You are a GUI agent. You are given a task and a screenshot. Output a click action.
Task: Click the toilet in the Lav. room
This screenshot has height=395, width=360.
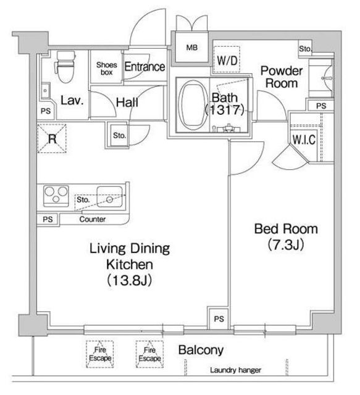point(65,67)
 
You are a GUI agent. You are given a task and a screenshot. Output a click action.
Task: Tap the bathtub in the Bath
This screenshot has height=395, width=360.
point(193,105)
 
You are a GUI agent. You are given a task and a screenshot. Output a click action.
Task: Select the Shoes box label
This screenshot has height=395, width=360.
point(107,69)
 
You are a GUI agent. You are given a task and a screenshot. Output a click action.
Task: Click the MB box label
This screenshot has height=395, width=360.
point(192,48)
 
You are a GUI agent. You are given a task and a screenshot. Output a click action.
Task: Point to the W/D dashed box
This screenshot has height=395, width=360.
point(227,60)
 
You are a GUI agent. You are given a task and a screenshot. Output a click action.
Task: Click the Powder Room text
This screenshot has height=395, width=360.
point(282,77)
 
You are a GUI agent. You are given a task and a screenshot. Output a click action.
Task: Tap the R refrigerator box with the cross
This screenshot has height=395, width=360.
point(52,138)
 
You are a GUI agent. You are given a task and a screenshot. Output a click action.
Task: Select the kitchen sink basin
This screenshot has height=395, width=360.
point(110,197)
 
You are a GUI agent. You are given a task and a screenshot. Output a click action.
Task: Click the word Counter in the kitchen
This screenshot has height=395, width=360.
point(92,219)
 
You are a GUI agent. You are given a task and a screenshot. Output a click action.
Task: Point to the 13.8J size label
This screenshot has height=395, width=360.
point(129,280)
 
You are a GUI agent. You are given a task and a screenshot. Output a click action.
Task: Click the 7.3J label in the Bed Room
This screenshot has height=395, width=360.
point(286,244)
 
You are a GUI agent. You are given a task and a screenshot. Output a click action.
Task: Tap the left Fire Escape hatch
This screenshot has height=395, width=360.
point(100,354)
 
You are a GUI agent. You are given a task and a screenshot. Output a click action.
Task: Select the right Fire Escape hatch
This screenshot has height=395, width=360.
point(149,354)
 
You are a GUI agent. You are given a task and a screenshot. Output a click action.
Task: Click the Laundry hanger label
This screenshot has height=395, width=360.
point(235,370)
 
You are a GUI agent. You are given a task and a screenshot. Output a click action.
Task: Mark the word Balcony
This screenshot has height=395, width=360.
point(201,350)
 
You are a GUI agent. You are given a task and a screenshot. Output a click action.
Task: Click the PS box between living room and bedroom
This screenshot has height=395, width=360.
point(219,318)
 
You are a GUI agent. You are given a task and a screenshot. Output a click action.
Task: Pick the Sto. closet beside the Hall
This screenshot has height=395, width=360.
point(119,135)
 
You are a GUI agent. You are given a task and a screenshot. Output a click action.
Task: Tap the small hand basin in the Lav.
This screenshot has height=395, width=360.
point(46,91)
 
